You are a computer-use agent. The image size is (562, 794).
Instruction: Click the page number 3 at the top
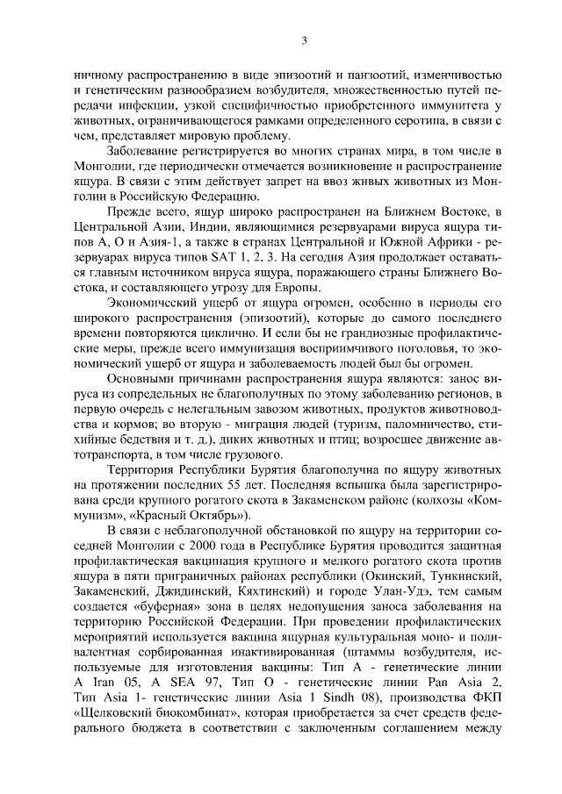coord(304,39)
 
